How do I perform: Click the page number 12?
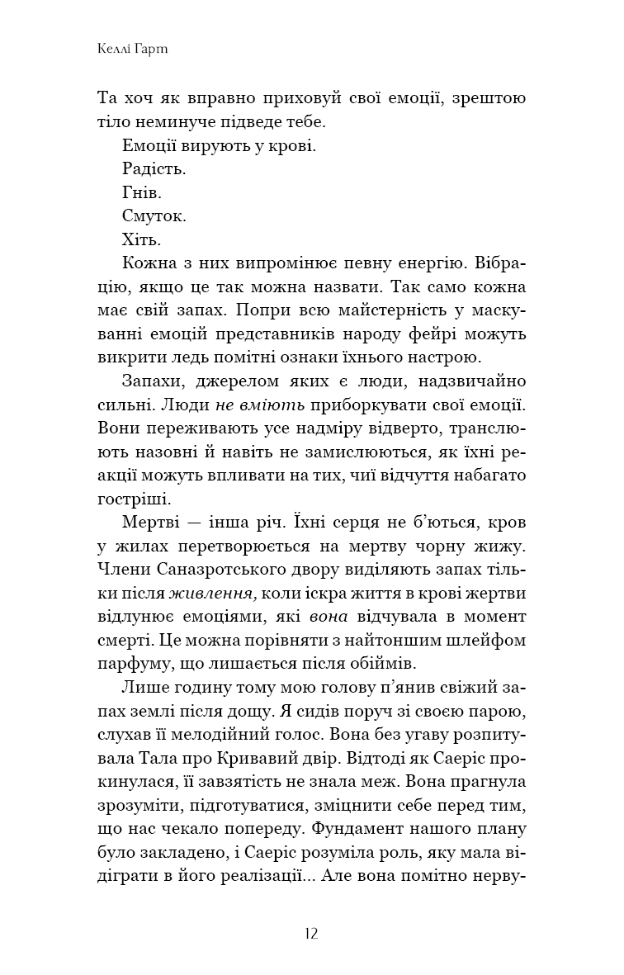[311, 935]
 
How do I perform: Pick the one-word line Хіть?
[140, 241]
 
